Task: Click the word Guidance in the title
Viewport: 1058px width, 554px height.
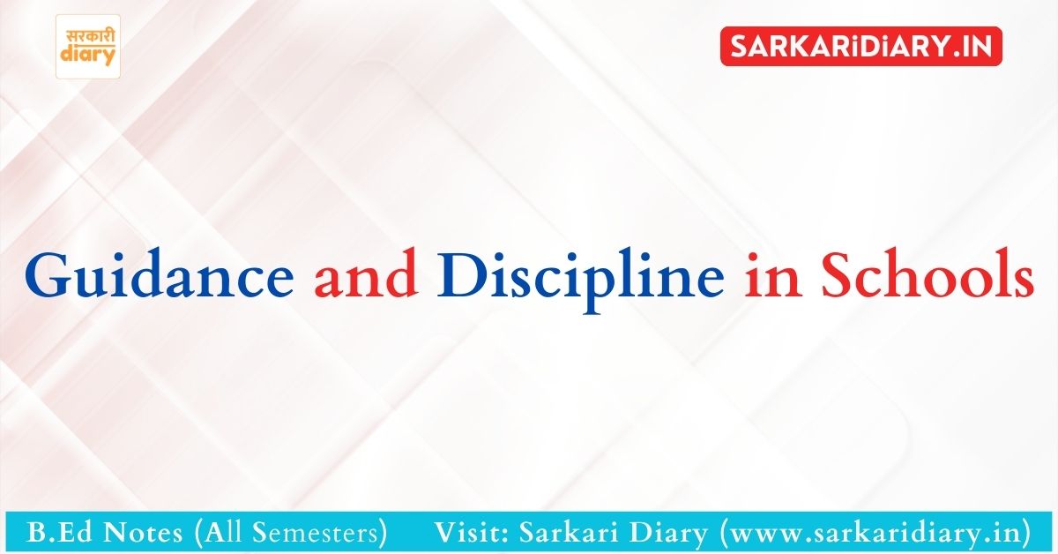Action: click(160, 275)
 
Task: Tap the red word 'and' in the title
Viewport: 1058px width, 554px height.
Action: click(366, 274)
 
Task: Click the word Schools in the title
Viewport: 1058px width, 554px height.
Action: click(928, 274)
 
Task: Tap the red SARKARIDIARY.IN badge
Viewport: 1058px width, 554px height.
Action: click(861, 47)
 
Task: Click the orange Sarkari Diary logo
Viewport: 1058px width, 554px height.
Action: click(88, 47)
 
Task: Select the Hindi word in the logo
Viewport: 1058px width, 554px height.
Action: click(89, 37)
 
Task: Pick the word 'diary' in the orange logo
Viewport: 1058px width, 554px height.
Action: click(88, 55)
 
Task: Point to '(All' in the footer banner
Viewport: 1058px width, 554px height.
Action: click(219, 533)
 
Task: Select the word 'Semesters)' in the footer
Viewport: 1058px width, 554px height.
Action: click(320, 533)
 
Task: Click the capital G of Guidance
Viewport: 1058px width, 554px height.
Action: click(48, 275)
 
